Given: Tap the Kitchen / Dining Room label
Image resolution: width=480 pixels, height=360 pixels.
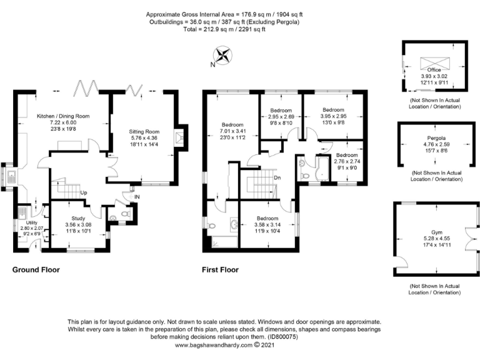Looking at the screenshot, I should click(63, 116).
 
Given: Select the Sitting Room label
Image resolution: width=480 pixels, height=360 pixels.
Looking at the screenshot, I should click(144, 132).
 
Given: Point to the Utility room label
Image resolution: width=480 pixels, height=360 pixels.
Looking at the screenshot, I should click(32, 223).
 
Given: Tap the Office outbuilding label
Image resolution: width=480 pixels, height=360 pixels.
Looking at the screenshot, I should click(434, 70).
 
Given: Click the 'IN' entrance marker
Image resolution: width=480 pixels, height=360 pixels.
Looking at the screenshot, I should click(137, 197).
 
